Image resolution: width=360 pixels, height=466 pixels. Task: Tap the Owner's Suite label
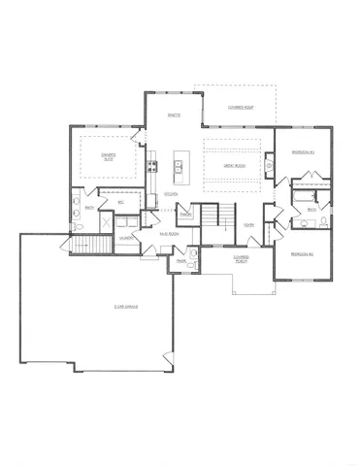click(111, 154)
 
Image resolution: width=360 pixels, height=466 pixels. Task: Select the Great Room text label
click(234, 166)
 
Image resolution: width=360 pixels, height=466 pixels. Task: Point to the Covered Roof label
click(241, 107)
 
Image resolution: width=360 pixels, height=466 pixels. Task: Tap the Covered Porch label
click(241, 259)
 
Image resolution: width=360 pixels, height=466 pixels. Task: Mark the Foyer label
click(249, 224)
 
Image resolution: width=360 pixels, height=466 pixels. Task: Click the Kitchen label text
click(171, 193)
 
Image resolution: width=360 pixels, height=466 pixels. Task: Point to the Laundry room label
click(127, 237)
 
